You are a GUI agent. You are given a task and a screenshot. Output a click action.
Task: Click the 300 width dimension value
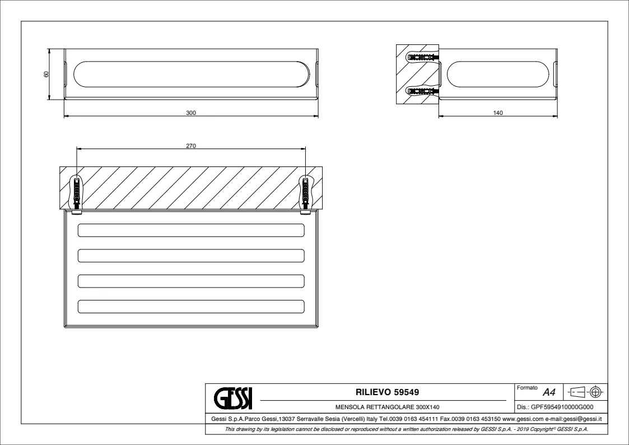191,113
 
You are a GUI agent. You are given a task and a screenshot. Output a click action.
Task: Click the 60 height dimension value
46,74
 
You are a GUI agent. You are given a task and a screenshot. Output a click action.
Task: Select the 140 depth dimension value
497,113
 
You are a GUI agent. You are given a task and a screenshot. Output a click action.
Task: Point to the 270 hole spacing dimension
191,146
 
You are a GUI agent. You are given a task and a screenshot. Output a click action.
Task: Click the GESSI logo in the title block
233,398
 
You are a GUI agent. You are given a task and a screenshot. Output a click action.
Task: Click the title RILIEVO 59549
387,392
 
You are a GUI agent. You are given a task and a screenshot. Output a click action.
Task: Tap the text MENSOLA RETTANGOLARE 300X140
387,407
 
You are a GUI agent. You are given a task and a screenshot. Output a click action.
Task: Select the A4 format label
549,392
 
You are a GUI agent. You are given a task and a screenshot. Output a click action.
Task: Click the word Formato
527,388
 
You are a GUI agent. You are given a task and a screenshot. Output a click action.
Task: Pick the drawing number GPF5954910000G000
562,407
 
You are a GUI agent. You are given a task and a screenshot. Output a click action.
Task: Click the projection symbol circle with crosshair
596,392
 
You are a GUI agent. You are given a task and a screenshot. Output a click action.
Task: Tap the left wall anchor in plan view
76,193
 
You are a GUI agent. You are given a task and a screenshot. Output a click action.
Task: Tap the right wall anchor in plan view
306,193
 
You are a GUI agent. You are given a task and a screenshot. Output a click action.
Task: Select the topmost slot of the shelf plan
191,230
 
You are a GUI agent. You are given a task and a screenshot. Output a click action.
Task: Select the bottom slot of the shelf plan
191,307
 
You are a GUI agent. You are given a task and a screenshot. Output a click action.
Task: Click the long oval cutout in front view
192,74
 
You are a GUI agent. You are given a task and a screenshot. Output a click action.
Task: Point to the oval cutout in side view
498,74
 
